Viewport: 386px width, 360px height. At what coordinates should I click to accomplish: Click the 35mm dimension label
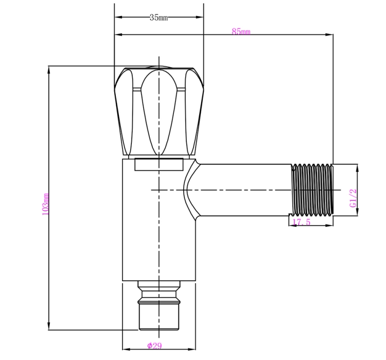coord(159,18)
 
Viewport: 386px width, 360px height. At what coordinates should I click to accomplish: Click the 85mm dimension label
coord(241,31)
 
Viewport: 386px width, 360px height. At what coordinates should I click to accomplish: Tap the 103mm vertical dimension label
coord(45,204)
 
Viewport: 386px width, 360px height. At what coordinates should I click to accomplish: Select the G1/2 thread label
coord(353,198)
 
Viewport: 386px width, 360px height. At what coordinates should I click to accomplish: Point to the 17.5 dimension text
coord(301,222)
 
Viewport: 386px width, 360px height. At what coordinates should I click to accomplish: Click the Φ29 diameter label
coord(154,346)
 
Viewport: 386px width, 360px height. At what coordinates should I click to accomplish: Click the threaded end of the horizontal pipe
coord(312,190)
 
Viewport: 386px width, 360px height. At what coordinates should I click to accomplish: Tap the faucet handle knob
coord(159,112)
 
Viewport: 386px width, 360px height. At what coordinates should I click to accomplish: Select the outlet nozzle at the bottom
coord(159,305)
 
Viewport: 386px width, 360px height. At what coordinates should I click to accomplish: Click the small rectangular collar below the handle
coord(159,164)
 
